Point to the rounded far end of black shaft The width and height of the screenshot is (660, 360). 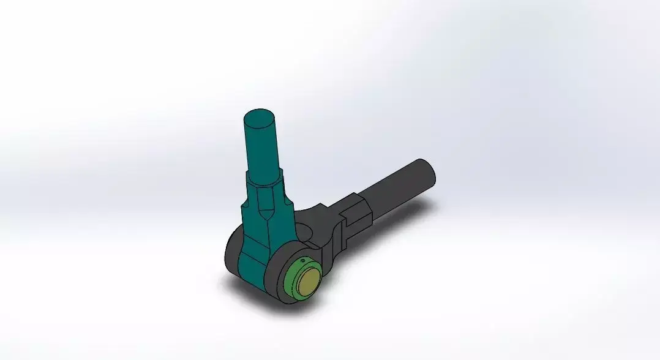click(428, 172)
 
